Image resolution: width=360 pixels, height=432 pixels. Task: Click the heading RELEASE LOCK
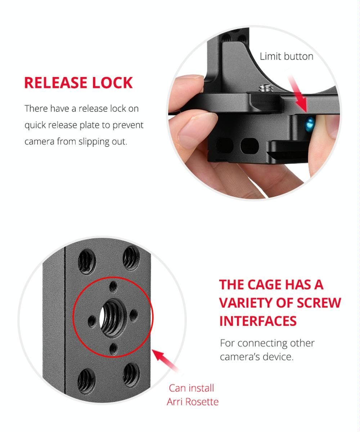pos(78,82)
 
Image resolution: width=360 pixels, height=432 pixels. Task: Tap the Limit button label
pos(286,56)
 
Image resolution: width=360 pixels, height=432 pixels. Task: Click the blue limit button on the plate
pos(309,123)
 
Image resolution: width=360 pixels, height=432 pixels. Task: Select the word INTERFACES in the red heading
pos(258,321)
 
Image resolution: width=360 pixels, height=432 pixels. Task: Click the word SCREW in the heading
pos(319,303)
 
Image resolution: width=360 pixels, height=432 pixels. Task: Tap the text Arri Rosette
pos(192,402)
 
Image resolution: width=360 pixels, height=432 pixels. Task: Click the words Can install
pos(191,388)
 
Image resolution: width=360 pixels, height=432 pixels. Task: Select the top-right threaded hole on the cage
pos(131,257)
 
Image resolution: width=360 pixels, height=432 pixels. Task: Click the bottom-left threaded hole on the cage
pos(86,379)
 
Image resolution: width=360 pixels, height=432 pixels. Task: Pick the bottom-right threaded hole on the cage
pos(131,374)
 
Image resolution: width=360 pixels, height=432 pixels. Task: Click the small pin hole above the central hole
pos(113,287)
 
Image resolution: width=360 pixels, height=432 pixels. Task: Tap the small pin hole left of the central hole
pos(92,320)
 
